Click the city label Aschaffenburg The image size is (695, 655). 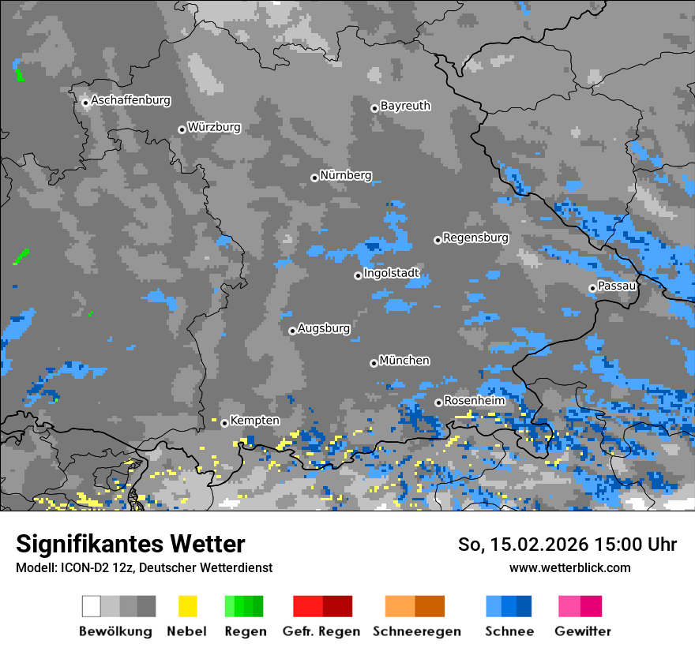130,101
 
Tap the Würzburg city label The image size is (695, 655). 214,127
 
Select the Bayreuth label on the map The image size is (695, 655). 405,106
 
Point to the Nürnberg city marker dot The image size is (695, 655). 314,178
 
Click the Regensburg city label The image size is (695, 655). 475,238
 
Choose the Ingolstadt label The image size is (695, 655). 392,274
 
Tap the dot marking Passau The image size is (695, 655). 592,288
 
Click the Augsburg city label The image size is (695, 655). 324,328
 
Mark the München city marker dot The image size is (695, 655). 374,363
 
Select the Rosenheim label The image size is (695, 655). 474,401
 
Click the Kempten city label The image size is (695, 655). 254,421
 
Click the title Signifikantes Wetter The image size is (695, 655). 130,544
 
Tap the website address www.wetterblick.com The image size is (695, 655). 569,567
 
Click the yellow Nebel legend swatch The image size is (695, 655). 187,606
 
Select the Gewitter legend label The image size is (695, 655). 582,631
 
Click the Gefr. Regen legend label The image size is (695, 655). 321,631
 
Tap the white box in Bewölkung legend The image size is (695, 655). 92,606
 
